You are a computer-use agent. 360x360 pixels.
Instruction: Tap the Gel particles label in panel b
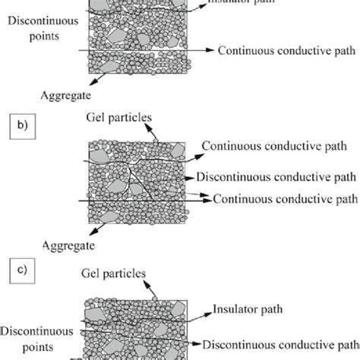118,118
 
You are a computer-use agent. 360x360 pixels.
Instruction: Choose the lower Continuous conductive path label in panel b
285,199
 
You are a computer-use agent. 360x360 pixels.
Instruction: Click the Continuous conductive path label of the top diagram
286,50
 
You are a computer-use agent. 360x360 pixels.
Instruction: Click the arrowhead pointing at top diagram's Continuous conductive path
210,50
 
